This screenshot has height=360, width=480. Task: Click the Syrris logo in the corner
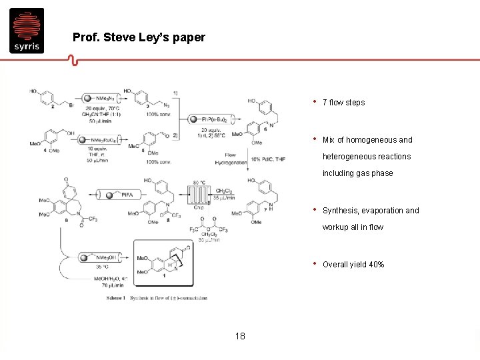coord(27,30)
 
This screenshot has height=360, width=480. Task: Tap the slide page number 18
coord(239,337)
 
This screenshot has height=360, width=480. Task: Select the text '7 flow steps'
coord(343,103)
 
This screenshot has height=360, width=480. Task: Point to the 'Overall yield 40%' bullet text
coord(353,265)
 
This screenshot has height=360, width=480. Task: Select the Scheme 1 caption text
coord(157,297)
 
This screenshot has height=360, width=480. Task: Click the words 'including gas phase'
coord(357,173)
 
